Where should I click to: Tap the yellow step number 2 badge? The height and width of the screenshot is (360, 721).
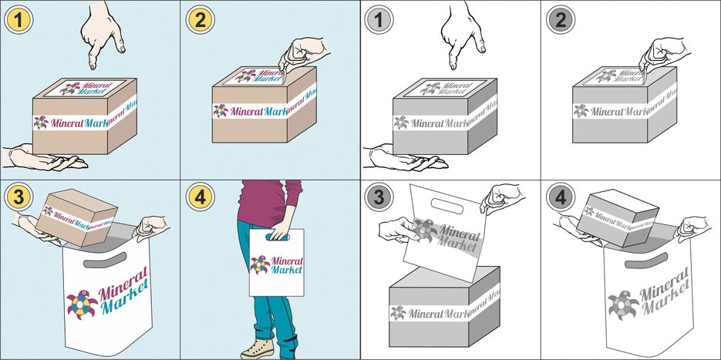pyautogui.click(x=197, y=16)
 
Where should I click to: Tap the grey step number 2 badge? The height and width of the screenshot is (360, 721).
pyautogui.click(x=558, y=16)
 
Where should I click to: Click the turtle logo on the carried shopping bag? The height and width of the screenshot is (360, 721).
pyautogui.click(x=259, y=264)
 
